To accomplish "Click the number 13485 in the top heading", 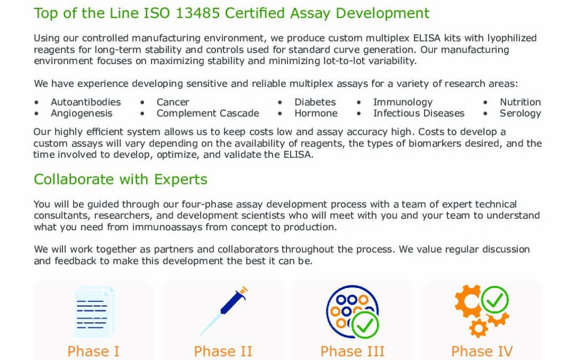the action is point(197,13).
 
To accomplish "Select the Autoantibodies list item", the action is point(85,102).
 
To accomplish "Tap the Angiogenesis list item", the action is point(82,113).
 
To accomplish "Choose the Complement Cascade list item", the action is point(208,113).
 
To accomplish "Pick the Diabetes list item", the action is point(315,102).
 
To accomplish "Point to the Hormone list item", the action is point(316,113).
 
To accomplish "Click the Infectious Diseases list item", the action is point(419,113).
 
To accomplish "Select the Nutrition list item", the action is point(520,102).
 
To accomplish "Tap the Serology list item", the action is point(520,114).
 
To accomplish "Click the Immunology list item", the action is point(403,102).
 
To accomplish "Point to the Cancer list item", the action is point(173,102).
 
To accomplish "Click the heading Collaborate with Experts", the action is point(121,179).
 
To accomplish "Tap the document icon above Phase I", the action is point(94,312).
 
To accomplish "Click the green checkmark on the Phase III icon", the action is point(365,325).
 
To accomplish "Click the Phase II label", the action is point(223,351).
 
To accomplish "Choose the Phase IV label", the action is point(482,351).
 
